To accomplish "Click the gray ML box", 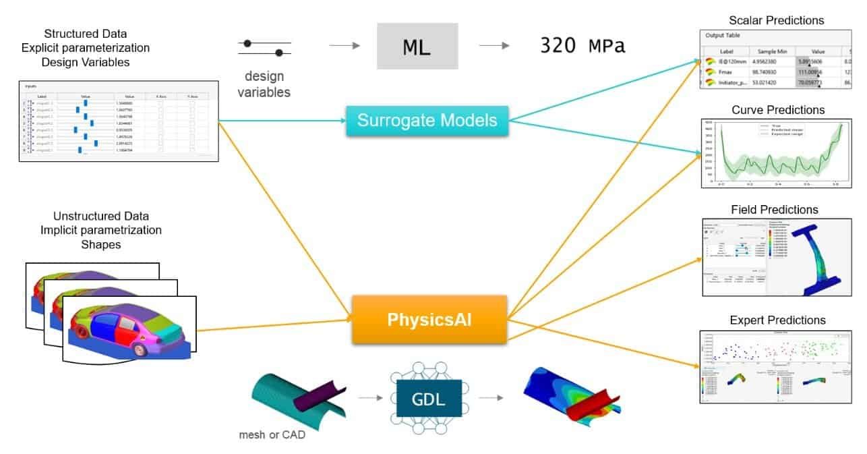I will click(x=417, y=46).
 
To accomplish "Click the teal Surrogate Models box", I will click(x=427, y=121).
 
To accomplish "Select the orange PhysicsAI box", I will click(x=429, y=319).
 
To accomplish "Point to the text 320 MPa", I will click(x=582, y=47).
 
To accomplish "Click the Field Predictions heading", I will click(x=774, y=210).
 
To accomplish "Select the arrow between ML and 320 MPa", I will click(x=494, y=46).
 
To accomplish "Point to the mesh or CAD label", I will click(x=272, y=434).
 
